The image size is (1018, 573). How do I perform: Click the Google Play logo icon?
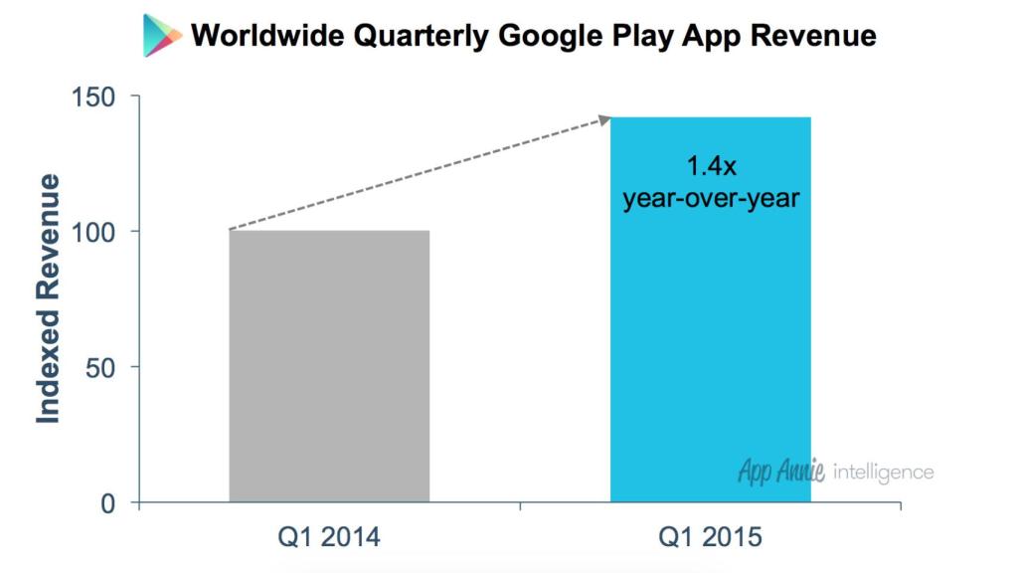[162, 36]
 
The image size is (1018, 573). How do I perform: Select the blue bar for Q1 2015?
[710, 328]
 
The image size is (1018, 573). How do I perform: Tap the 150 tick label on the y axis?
[95, 96]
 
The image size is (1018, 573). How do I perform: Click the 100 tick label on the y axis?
[95, 232]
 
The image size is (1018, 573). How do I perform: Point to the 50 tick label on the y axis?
[101, 367]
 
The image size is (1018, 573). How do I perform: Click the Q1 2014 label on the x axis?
[329, 538]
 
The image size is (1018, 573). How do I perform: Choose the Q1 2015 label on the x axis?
[710, 538]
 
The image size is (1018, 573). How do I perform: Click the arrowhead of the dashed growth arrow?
[603, 120]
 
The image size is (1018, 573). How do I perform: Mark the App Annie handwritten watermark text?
[781, 471]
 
